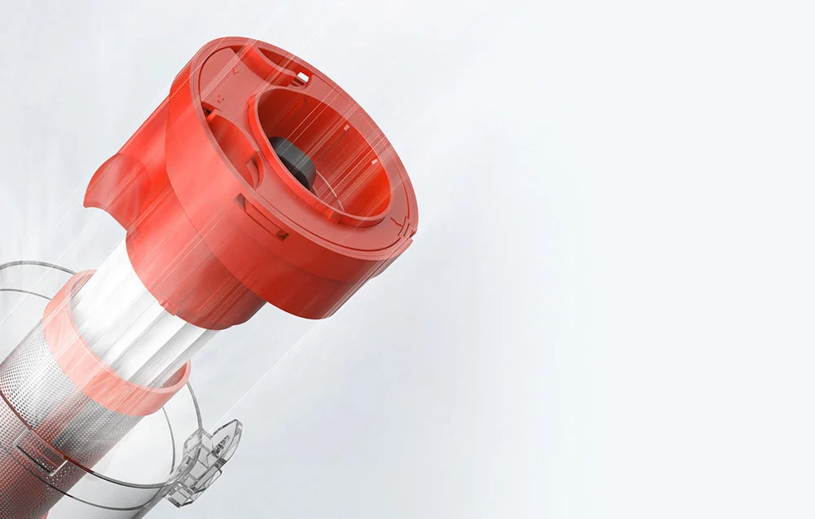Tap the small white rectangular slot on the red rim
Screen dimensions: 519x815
[x=302, y=77]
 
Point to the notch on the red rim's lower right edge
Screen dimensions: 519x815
[x=399, y=224]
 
